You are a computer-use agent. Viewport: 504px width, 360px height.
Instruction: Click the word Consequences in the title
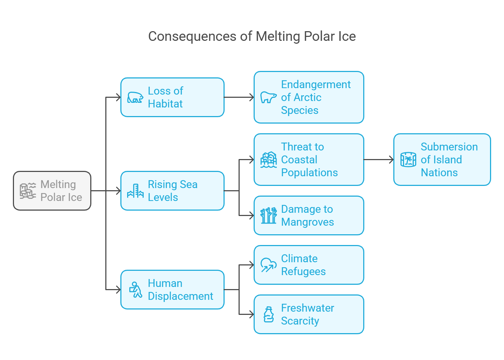coord(192,37)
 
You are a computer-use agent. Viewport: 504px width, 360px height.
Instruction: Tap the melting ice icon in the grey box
coord(28,191)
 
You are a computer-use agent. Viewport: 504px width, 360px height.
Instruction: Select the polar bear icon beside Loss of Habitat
coord(135,97)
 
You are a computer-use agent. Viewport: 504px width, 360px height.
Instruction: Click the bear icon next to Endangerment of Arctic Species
coord(268,97)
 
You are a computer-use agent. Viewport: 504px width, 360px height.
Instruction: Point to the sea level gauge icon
coord(135,191)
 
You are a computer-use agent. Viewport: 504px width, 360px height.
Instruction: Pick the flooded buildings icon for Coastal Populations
coord(268,160)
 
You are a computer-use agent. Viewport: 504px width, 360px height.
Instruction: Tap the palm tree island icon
coord(408,160)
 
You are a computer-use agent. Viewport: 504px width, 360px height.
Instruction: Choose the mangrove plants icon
coord(268,216)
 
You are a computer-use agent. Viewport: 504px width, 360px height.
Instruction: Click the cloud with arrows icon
coord(268,265)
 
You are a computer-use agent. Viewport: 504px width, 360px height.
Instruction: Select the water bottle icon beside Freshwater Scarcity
coord(269,314)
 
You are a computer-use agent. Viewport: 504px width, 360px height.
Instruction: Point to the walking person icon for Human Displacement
coord(135,289)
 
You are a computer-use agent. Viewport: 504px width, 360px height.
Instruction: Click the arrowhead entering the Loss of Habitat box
coord(119,97)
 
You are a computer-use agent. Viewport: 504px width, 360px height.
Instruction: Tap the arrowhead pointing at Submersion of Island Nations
coord(391,160)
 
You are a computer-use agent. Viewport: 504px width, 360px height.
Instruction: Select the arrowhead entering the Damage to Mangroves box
coord(251,216)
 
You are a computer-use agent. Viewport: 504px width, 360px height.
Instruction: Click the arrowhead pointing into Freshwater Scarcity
coord(251,314)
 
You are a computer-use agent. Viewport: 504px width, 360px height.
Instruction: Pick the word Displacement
coord(181,296)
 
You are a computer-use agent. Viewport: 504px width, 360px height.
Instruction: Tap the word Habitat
coord(165,104)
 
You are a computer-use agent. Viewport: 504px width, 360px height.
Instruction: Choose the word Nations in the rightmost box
coord(439,173)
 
